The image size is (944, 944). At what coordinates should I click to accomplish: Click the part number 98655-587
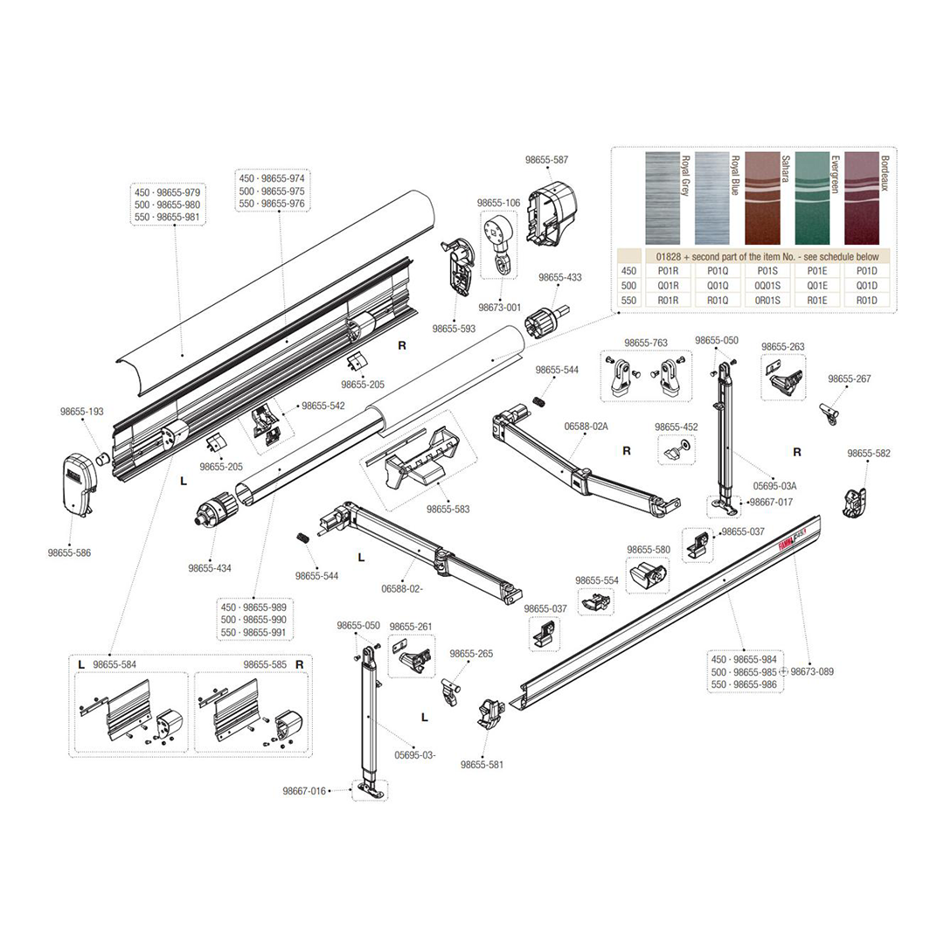click(x=546, y=160)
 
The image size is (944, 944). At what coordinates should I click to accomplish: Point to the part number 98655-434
click(x=210, y=568)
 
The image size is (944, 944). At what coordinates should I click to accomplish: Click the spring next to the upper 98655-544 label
click(x=539, y=400)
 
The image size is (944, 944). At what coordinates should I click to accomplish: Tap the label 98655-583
click(x=448, y=509)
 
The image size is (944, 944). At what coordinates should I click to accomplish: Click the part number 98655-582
click(x=869, y=454)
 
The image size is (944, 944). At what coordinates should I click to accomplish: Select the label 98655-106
click(x=498, y=203)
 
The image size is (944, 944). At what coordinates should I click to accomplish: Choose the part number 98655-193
click(x=82, y=411)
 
